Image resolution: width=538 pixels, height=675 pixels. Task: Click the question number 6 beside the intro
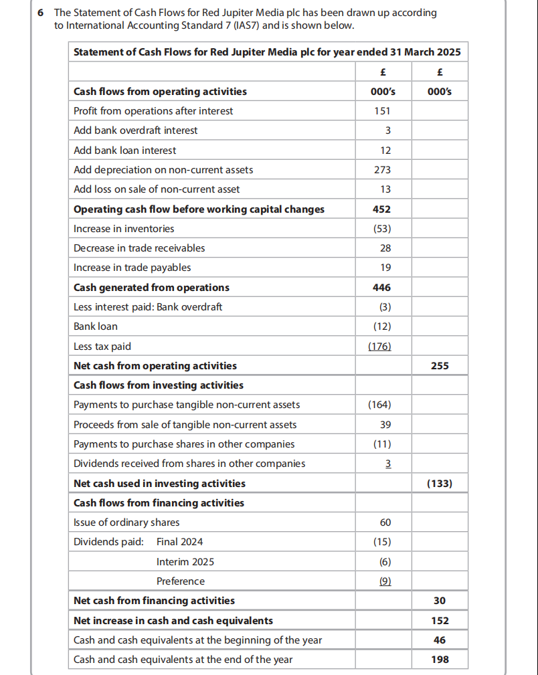tap(41, 13)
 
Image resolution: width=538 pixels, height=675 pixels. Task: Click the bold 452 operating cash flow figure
tap(381, 209)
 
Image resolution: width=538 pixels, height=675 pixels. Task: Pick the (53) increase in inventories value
tap(381, 229)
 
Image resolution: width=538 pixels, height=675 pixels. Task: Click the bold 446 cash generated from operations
tap(381, 288)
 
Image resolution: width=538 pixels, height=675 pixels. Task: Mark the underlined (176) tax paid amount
tap(380, 347)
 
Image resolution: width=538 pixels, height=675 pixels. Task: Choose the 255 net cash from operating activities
tap(440, 366)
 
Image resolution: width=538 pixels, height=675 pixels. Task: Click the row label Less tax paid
tap(102, 347)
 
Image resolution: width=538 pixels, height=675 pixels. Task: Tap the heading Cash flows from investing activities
tap(158, 385)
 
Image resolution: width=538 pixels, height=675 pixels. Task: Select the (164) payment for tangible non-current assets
tap(380, 405)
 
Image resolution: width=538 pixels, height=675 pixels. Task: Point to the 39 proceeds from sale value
tap(385, 425)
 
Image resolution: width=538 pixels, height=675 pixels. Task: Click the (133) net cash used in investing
tap(440, 483)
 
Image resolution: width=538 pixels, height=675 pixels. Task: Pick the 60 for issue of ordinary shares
tap(385, 522)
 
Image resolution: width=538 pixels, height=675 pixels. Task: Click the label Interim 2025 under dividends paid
tap(185, 562)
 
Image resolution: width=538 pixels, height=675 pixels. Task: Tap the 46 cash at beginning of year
tap(440, 640)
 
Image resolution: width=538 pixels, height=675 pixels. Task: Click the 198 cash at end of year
tap(440, 660)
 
